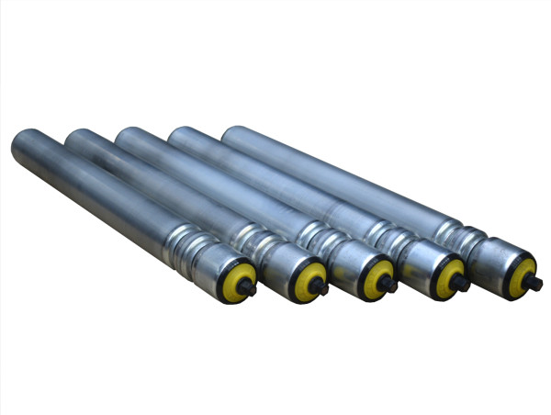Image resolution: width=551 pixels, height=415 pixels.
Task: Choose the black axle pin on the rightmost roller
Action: [x=537, y=281]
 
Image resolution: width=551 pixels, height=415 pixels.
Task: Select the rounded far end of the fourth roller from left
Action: [x=181, y=136]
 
